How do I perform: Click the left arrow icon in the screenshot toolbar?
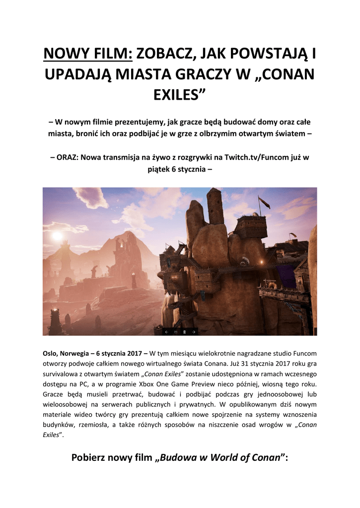(x=167, y=331)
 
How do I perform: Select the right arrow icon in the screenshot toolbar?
(x=194, y=331)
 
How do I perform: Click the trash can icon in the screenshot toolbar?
(x=185, y=331)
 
